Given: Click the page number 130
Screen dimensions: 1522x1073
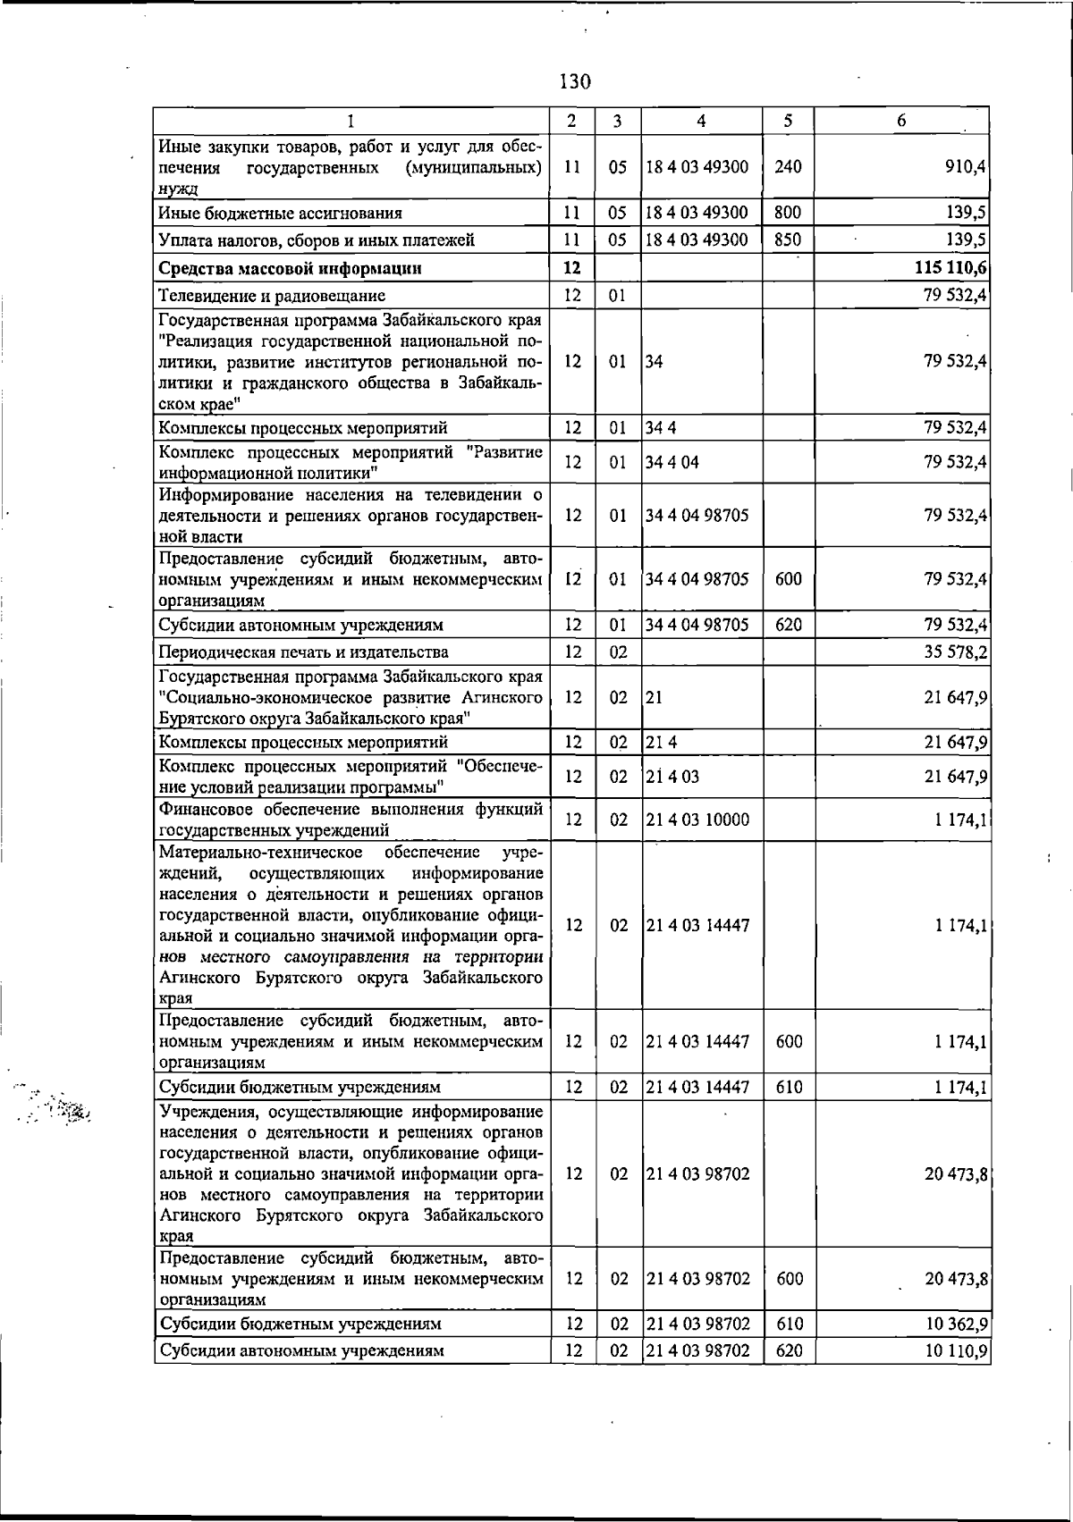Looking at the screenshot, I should click(x=575, y=82).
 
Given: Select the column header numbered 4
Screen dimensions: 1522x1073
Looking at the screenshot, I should click(x=701, y=121).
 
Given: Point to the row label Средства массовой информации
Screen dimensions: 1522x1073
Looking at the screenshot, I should click(x=290, y=268).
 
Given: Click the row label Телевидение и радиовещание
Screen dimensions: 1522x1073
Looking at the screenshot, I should click(x=272, y=296).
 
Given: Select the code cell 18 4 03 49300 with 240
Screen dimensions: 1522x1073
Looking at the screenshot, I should click(x=697, y=167).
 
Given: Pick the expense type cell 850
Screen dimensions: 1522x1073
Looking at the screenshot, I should click(x=788, y=240).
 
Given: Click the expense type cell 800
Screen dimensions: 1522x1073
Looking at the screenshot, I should click(x=788, y=213).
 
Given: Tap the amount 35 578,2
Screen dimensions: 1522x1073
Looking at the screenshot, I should click(x=955, y=652).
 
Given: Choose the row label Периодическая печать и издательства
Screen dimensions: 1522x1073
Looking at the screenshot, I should click(x=303, y=652).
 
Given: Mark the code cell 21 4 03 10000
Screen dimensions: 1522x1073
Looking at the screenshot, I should click(x=697, y=820).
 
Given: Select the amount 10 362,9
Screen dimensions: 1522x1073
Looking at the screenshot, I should click(x=955, y=1324).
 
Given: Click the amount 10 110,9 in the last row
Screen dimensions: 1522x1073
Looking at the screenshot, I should click(x=955, y=1350).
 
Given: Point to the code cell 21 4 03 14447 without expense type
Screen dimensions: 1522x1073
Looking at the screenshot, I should click(x=697, y=926).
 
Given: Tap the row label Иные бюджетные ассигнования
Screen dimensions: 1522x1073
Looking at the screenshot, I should click(x=280, y=213).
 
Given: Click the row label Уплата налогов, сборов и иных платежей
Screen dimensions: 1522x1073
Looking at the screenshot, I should click(x=316, y=240).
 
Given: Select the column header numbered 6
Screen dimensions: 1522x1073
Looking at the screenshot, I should click(x=901, y=121).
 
